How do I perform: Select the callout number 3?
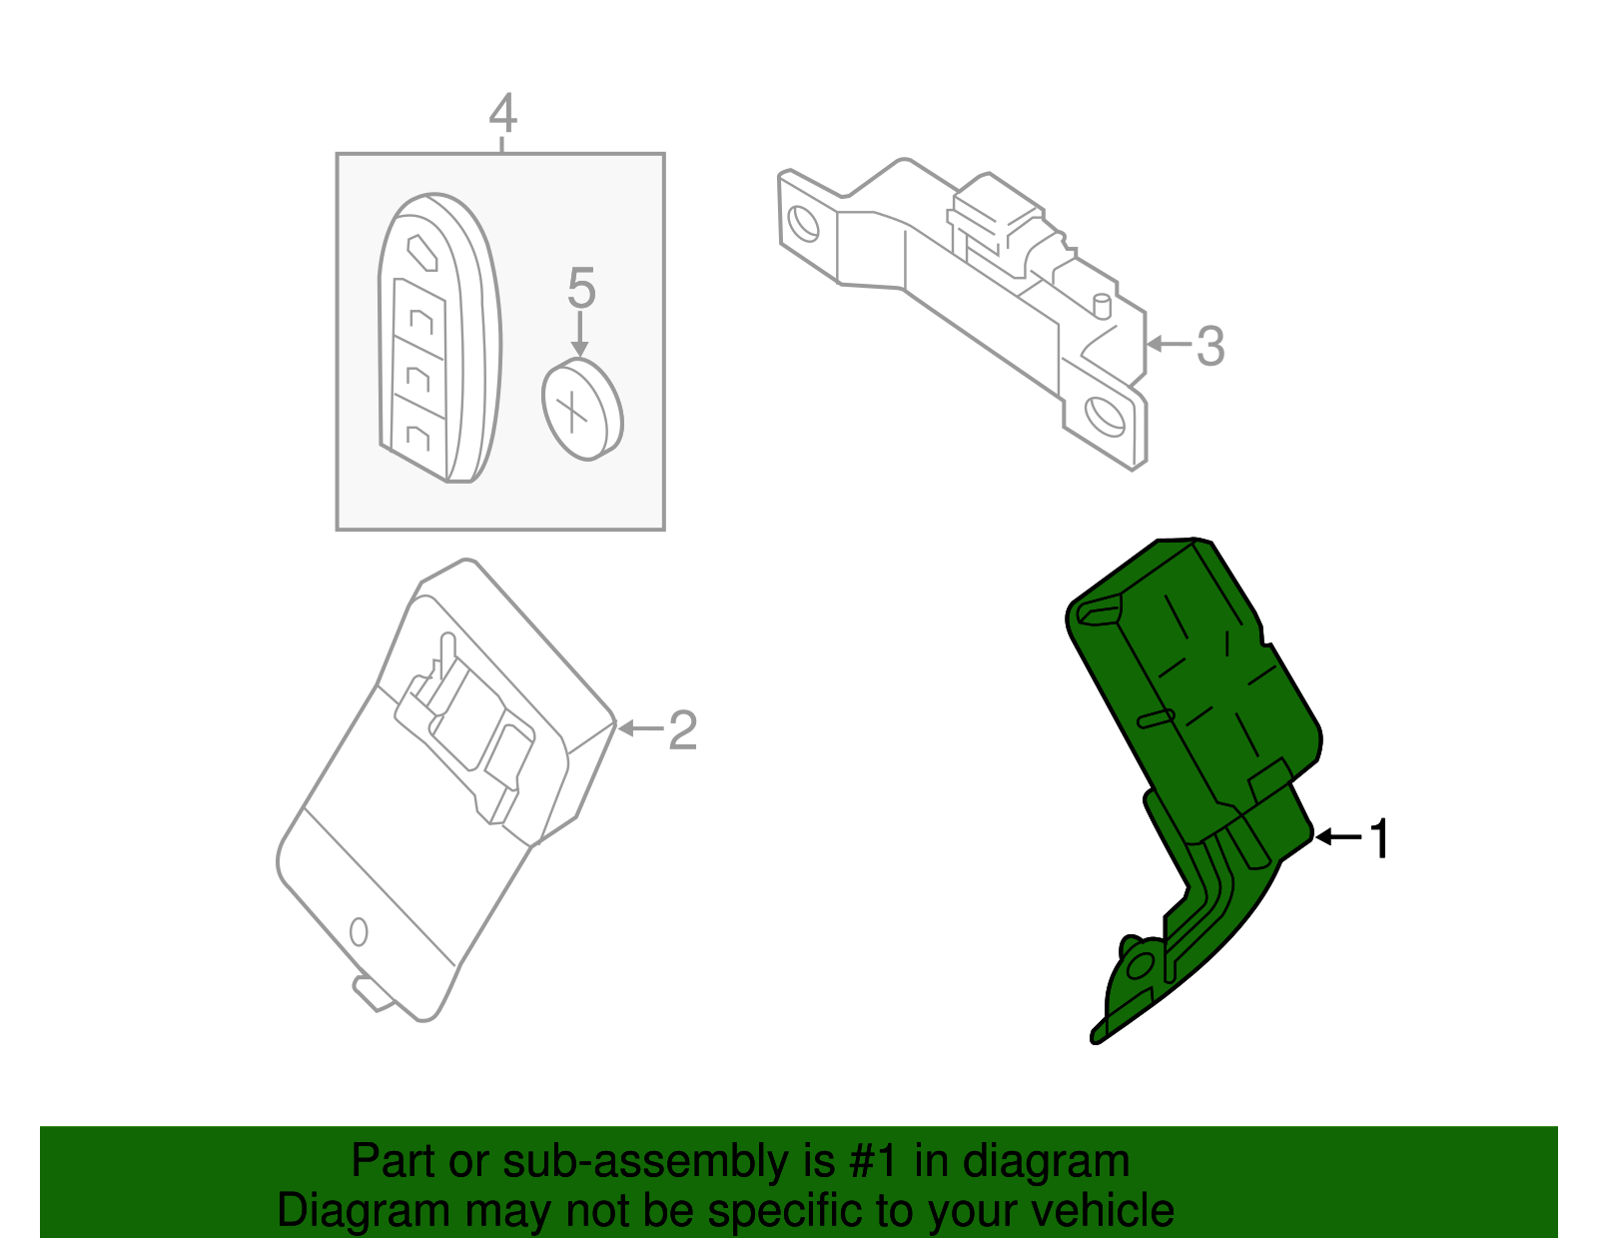1209,346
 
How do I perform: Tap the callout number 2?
681,729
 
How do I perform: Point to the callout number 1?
1379,838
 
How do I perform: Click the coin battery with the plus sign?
581,410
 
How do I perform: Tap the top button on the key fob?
421,251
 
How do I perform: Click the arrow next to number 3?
1169,345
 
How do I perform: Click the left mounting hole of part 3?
803,222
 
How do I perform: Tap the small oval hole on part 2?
359,932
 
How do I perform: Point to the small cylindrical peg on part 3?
1103,304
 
